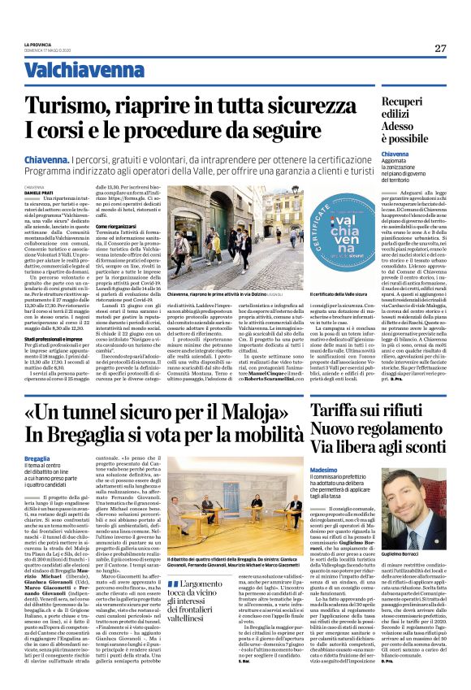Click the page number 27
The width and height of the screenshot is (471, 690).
[x=439, y=48]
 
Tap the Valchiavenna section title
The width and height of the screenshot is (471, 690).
[x=74, y=70]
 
